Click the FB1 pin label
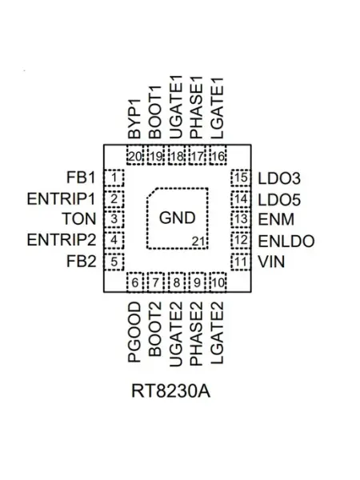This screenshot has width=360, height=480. pyautogui.click(x=81, y=178)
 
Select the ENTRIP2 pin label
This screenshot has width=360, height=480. pyautogui.click(x=62, y=240)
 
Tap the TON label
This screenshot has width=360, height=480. pyautogui.click(x=79, y=219)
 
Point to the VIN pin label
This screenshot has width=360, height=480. pyautogui.click(x=271, y=262)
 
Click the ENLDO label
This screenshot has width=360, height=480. pyautogui.click(x=286, y=242)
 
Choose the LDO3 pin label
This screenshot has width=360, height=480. pyautogui.click(x=279, y=178)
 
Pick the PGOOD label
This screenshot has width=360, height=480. pyautogui.click(x=134, y=332)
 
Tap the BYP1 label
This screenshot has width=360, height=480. pyautogui.click(x=134, y=118)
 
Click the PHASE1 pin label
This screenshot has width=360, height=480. pyautogui.click(x=197, y=107)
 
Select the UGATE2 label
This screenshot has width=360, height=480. pyautogui.click(x=176, y=334)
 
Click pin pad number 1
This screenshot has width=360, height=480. pyautogui.click(x=114, y=178)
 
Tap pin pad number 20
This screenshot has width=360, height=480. pyautogui.click(x=135, y=156)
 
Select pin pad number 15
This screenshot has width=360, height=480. pyautogui.click(x=241, y=178)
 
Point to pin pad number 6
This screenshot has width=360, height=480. pyautogui.click(x=135, y=282)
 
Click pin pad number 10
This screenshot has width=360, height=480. pyautogui.click(x=218, y=282)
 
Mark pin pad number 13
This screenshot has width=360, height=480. pyautogui.click(x=241, y=219)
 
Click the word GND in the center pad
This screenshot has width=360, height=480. pyautogui.click(x=178, y=218)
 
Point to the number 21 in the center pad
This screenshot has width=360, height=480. pyautogui.click(x=198, y=242)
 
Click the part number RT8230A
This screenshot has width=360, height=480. pyautogui.click(x=171, y=391)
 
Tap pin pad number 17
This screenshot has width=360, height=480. pyautogui.click(x=197, y=156)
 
